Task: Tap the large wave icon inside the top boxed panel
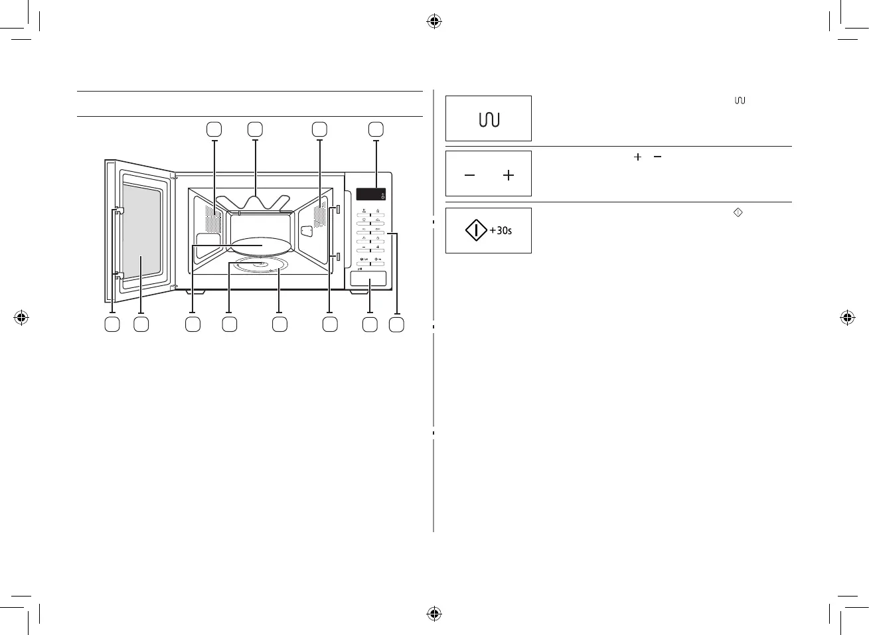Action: coord(489,119)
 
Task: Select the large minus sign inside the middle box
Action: coord(470,175)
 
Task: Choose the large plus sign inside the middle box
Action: coord(509,175)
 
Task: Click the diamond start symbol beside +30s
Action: coord(476,231)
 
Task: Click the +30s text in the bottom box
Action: coord(501,231)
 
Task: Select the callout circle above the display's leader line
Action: coord(376,129)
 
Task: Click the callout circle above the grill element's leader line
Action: coord(255,129)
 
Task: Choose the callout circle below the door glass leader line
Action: coord(141,324)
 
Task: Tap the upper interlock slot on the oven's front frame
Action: coord(338,210)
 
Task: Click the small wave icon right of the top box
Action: coord(740,100)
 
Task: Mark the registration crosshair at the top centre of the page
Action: coord(434,21)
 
